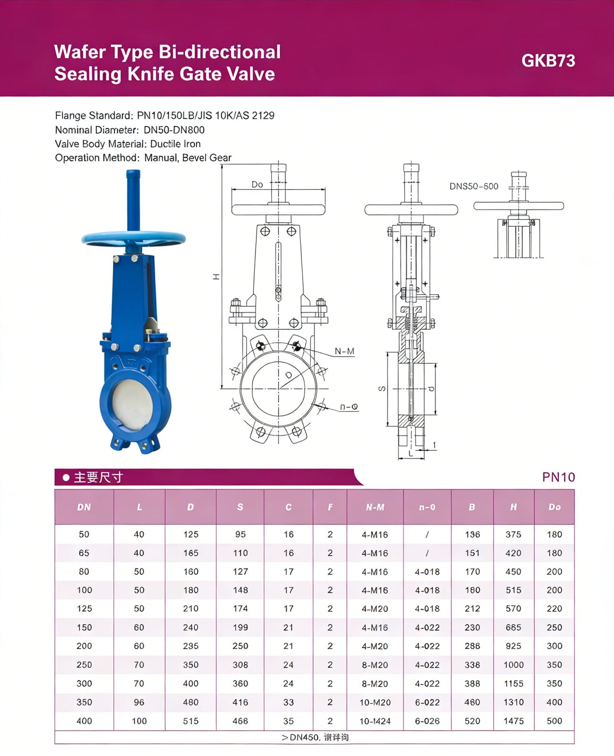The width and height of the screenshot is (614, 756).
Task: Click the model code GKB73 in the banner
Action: click(x=548, y=61)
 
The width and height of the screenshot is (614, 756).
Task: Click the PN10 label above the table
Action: click(x=558, y=477)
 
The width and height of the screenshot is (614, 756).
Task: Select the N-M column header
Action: click(x=375, y=507)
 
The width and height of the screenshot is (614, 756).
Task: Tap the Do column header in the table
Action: click(x=554, y=507)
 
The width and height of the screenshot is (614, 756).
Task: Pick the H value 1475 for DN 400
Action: click(x=513, y=721)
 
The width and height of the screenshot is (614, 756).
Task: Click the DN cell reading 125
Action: click(x=84, y=609)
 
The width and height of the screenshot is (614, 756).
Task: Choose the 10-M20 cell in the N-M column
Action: click(x=375, y=702)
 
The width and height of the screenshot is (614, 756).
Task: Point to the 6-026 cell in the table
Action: click(x=427, y=721)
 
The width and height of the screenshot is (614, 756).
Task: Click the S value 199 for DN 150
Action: click(x=240, y=627)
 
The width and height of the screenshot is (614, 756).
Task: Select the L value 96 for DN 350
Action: click(x=139, y=702)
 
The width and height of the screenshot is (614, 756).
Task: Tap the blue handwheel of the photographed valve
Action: click(x=134, y=238)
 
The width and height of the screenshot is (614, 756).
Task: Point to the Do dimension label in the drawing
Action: click(x=257, y=184)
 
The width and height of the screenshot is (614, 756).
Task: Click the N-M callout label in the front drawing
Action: click(x=344, y=351)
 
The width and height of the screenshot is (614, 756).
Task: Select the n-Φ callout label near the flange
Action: click(x=349, y=407)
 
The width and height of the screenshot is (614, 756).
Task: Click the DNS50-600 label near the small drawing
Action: click(x=474, y=186)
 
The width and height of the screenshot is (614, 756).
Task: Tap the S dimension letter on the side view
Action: click(x=382, y=389)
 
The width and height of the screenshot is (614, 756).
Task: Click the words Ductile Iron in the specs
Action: click(x=175, y=144)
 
